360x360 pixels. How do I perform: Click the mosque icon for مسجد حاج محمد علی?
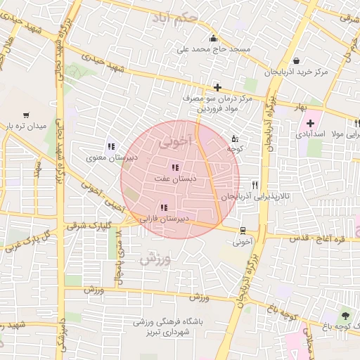[213, 39]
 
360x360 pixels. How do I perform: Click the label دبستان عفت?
[172, 179]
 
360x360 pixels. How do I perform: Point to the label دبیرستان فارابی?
[165, 219]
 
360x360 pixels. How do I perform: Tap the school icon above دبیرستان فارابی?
[164, 207]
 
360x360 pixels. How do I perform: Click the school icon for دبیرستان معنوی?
[111, 146]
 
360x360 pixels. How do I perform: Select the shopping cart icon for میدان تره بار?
[26, 114]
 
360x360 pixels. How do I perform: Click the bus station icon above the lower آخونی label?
[243, 230]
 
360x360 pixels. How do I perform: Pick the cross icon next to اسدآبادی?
[310, 123]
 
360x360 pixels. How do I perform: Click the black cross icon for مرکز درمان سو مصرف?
[218, 88]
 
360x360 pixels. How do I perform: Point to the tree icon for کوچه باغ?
[345, 314]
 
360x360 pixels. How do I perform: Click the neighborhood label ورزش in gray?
[155, 258]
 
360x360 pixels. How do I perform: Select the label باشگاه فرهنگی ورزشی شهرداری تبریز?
[166, 327]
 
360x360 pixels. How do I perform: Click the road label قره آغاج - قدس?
[311, 238]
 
